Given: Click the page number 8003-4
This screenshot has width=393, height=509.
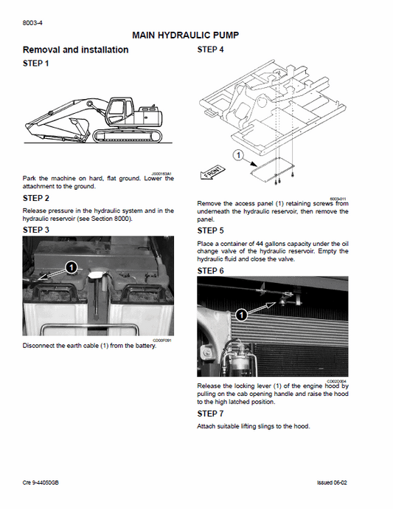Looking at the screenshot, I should click(34, 22).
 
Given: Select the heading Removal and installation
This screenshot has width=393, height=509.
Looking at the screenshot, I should click(75, 50).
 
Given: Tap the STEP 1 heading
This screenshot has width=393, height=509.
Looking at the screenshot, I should click(37, 64).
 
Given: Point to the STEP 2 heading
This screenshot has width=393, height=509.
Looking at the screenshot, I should click(37, 198).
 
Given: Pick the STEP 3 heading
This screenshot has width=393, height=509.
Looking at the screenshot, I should click(37, 230).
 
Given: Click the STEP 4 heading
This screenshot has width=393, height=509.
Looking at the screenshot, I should click(211, 49).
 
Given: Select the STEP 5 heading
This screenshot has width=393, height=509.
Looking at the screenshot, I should click(211, 230).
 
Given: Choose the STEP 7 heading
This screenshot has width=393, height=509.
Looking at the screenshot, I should click(211, 414).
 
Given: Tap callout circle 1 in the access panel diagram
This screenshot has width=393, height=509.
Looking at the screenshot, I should click(237, 156).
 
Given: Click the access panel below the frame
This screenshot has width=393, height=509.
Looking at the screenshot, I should click(271, 169).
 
